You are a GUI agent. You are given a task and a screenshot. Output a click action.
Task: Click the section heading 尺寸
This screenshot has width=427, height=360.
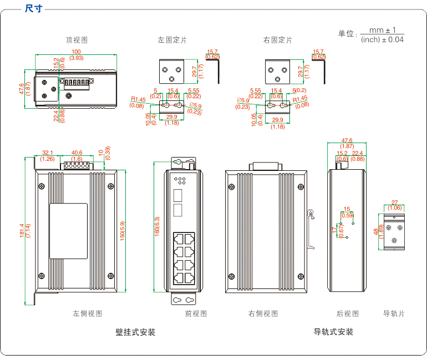tap(35, 8)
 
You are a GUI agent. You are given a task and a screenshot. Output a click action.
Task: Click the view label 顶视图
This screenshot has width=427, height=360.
tap(77, 40)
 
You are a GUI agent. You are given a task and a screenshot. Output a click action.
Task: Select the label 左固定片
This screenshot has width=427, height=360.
tap(172, 40)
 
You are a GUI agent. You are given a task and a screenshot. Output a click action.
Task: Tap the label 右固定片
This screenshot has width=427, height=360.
tap(277, 40)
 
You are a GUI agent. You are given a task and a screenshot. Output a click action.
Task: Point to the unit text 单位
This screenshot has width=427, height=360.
tap(347, 34)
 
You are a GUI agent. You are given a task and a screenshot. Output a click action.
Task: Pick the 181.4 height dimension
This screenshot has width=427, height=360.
tap(22, 230)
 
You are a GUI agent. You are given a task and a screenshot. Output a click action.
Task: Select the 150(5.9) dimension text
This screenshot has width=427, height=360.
tap(123, 230)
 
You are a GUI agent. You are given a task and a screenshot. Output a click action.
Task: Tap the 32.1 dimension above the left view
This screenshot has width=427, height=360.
tap(48, 153)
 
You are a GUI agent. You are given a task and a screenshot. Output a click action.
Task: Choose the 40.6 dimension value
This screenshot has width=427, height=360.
tap(77, 153)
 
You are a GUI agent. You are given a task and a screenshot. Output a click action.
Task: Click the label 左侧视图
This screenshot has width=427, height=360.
tap(88, 313)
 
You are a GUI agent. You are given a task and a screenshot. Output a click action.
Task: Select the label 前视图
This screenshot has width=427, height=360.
tap(196, 313)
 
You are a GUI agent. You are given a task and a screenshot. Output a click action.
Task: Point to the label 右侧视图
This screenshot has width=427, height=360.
tap(263, 313)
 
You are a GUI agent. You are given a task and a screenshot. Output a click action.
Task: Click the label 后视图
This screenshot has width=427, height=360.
tap(348, 313)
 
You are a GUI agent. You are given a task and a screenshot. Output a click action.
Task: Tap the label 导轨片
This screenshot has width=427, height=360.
tap(394, 313)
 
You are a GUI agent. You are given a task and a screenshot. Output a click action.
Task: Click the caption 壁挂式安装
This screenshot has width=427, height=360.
tap(135, 332)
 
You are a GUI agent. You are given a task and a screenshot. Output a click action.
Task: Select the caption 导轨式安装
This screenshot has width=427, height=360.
tap(333, 332)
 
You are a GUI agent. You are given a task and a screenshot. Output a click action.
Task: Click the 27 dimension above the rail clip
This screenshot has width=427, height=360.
tap(394, 202)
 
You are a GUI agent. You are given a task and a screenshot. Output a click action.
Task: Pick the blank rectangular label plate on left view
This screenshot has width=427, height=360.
tap(68, 231)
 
